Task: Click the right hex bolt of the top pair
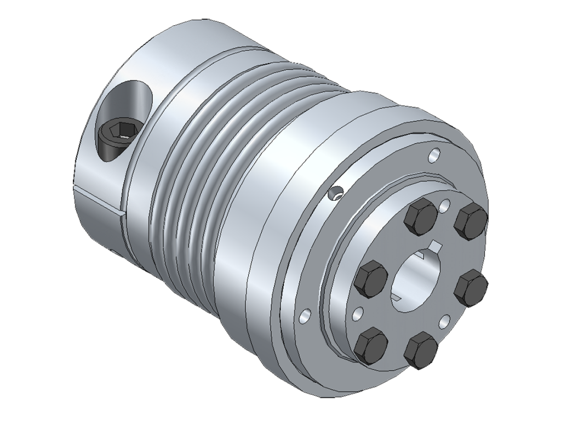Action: click(x=471, y=221)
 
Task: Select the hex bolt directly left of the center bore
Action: click(x=371, y=278)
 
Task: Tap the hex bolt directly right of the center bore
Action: click(x=470, y=287)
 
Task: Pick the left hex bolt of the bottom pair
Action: click(x=371, y=345)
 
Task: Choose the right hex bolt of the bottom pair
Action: click(x=421, y=350)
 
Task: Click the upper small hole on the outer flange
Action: click(x=434, y=155)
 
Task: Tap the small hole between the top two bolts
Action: click(x=445, y=207)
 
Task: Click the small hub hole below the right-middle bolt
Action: click(x=445, y=321)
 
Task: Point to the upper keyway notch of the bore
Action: click(x=436, y=244)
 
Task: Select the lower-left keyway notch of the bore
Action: click(x=398, y=299)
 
